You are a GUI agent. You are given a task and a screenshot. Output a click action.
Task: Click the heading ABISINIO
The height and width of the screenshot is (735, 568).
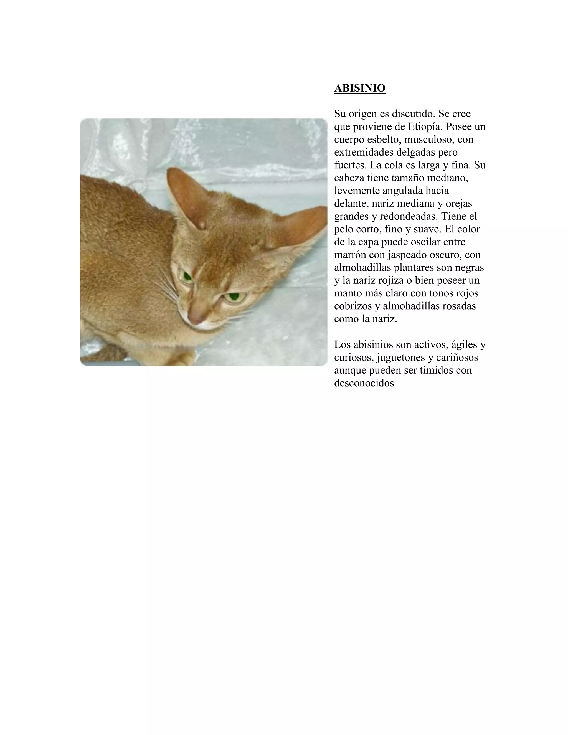click(359, 88)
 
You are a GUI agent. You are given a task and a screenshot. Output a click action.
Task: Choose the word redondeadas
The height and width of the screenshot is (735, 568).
click(409, 216)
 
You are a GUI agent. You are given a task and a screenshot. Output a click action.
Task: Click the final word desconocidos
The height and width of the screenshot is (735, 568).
click(364, 383)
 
